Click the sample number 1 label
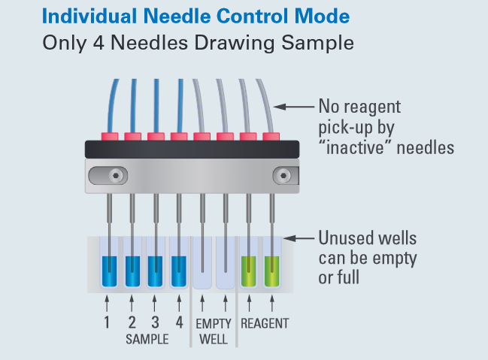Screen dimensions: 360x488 click(x=108, y=323)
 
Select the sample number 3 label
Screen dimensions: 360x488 click(x=156, y=323)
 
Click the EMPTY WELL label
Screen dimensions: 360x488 click(x=214, y=331)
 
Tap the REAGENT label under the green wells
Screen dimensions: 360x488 click(x=264, y=324)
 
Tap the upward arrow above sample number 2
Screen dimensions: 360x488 click(x=132, y=303)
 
